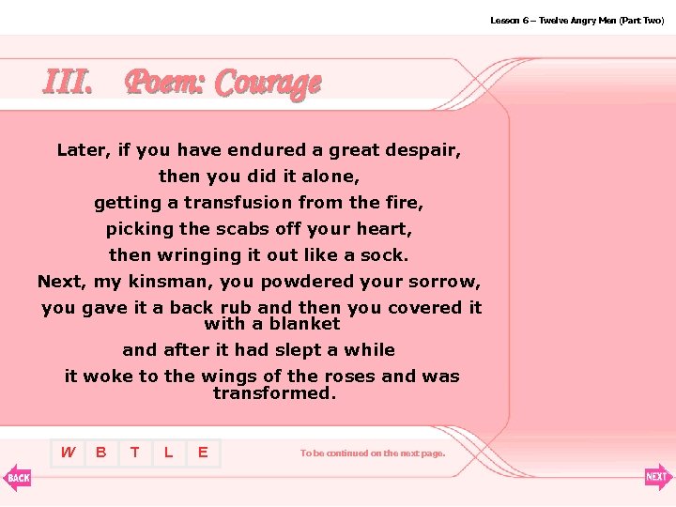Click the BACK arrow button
click(17, 477)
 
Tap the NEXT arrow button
click(658, 477)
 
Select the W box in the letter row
click(68, 453)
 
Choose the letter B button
click(101, 453)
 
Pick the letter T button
click(135, 453)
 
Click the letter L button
click(169, 453)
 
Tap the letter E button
click(203, 453)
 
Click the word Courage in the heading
click(268, 84)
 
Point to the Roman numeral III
click(68, 83)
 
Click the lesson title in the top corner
click(576, 20)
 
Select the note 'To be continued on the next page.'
click(373, 453)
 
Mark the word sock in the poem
click(388, 255)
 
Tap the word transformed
click(273, 393)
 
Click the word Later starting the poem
click(82, 150)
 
